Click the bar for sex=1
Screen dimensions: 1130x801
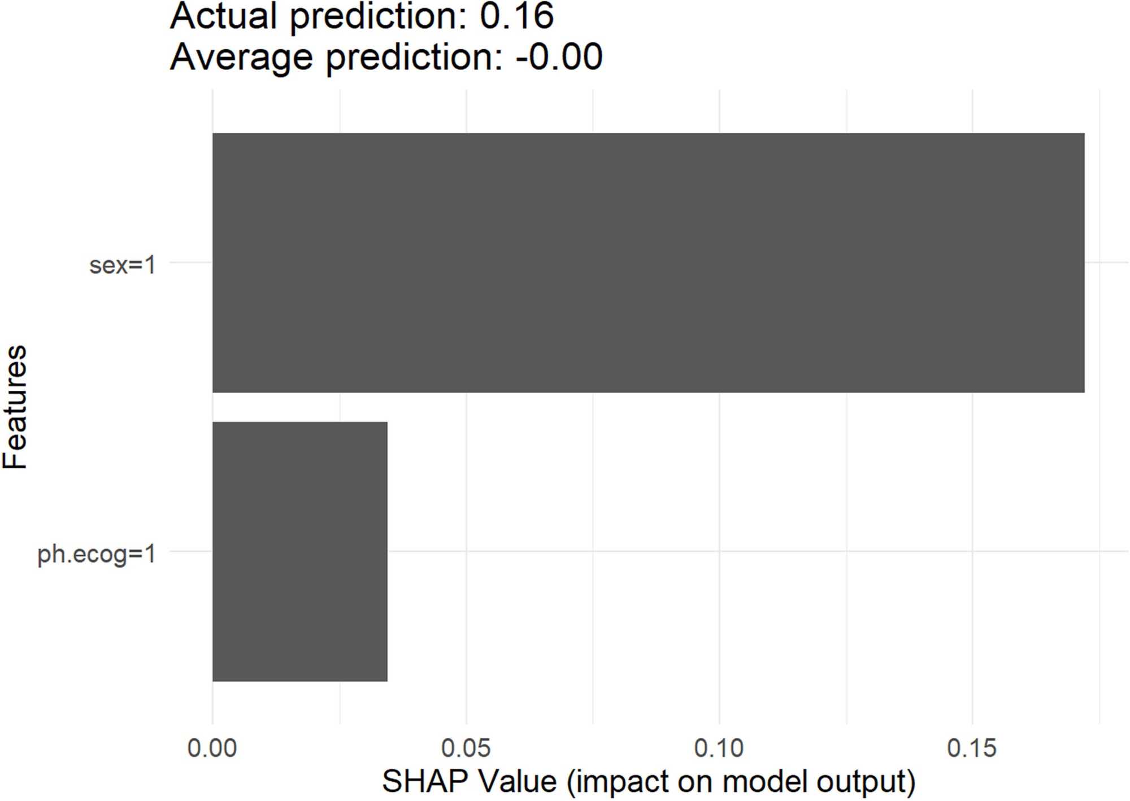click(649, 263)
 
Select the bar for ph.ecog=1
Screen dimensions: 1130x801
click(300, 551)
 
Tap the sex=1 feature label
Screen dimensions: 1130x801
click(123, 265)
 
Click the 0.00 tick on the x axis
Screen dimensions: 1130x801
click(212, 748)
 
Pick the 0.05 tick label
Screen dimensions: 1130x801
click(466, 748)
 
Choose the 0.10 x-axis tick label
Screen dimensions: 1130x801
click(719, 748)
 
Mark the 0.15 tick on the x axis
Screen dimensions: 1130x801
click(972, 748)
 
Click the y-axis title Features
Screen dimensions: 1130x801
click(15, 407)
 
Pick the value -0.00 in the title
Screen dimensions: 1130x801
click(559, 57)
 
